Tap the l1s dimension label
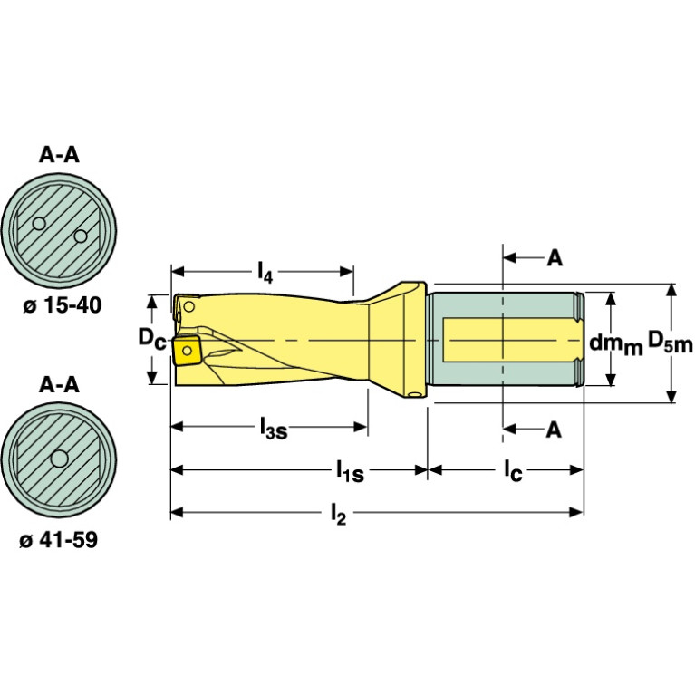point(349,472)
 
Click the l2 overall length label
point(338,516)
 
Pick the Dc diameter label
point(150,338)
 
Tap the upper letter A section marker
point(554,258)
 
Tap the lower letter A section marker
point(554,430)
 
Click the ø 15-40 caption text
point(60,306)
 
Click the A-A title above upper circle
point(59,155)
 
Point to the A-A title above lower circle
point(59,385)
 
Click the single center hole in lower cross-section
point(60,460)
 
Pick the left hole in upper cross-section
point(38,223)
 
